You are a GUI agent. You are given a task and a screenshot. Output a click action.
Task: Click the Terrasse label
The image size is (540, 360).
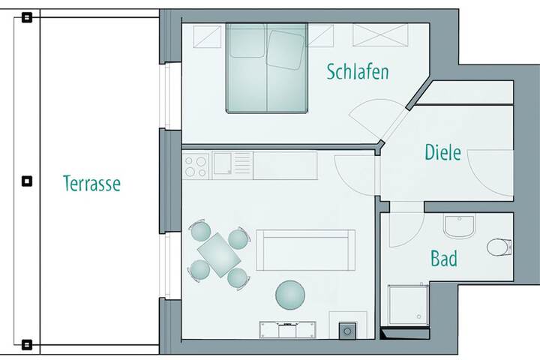pos(91,183)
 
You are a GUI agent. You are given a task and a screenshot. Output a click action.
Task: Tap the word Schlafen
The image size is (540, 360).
pos(358,72)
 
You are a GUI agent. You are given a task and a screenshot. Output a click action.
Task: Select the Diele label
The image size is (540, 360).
pos(442,152)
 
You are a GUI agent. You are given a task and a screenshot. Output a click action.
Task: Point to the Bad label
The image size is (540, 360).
pos(444,258)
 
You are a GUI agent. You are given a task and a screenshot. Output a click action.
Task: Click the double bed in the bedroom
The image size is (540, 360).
pos(267,67)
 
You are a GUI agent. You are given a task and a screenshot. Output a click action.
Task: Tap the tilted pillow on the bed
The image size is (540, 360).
pos(286,50)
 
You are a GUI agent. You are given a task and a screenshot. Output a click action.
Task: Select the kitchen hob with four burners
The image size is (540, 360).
pos(196,166)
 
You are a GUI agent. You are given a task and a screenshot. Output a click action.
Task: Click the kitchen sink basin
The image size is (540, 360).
pos(223,163)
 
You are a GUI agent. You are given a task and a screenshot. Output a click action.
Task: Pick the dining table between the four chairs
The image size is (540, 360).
pos(219,255)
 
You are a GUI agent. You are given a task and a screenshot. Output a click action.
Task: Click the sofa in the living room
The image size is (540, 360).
pos(305,250)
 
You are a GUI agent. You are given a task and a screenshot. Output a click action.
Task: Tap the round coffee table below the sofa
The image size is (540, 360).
pos(290,295)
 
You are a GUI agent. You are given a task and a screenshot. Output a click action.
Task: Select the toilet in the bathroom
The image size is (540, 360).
pos(499,247)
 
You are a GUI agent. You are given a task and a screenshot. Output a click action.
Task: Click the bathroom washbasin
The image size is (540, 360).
pos(459,226)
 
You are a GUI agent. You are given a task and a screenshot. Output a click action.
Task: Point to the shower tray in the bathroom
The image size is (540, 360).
pos(409,305)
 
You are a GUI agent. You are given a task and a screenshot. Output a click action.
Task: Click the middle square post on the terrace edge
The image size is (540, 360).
pos(27,181)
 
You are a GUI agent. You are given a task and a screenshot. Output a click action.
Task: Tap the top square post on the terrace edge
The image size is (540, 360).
pos(27,17)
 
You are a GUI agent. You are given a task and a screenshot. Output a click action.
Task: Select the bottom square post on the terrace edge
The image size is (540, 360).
pos(27,344)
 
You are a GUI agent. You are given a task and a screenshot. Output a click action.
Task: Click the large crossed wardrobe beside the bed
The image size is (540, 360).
pos(380,34)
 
